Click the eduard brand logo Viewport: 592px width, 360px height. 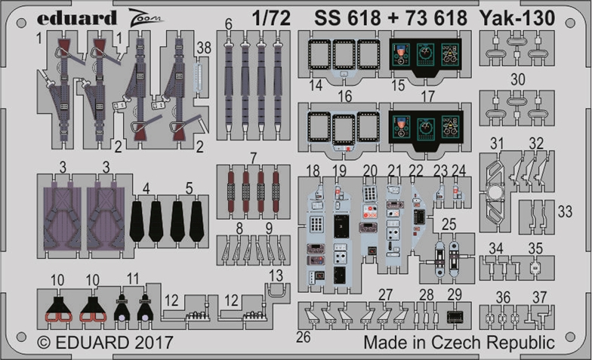coord(77,18)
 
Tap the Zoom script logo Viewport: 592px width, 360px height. coord(145,18)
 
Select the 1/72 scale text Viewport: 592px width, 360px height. coord(272,18)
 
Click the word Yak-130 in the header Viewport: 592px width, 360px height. coord(523,18)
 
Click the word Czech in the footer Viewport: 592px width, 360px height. coord(457,343)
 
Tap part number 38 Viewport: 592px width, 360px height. coord(204,48)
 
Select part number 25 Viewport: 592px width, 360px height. coord(449,224)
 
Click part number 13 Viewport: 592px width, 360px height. coord(276,275)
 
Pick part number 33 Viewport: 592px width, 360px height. coord(565,211)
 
